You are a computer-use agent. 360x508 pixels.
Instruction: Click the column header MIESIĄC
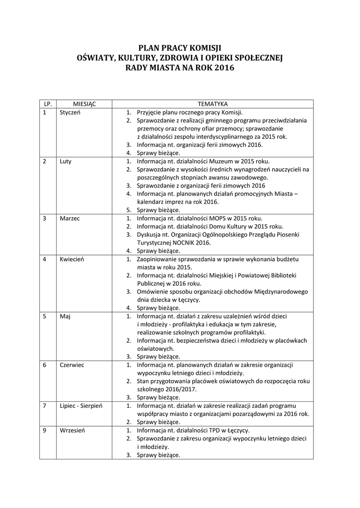click(x=84, y=104)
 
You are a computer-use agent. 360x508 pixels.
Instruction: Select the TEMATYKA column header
click(x=213, y=104)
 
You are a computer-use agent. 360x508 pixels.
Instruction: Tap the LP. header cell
click(x=48, y=104)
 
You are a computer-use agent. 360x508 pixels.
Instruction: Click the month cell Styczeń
click(x=70, y=112)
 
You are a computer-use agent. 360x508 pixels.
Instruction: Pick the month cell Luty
click(x=66, y=161)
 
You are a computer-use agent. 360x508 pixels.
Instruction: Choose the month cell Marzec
click(x=70, y=218)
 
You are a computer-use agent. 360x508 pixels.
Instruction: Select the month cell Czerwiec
click(x=72, y=365)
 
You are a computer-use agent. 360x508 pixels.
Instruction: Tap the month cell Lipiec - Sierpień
click(x=81, y=405)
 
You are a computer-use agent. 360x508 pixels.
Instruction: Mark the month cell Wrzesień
click(x=72, y=430)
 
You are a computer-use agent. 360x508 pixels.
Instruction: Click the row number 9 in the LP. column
click(x=45, y=430)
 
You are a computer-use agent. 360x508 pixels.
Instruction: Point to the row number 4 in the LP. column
click(x=45, y=259)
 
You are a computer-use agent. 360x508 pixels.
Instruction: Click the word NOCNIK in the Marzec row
click(x=187, y=243)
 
